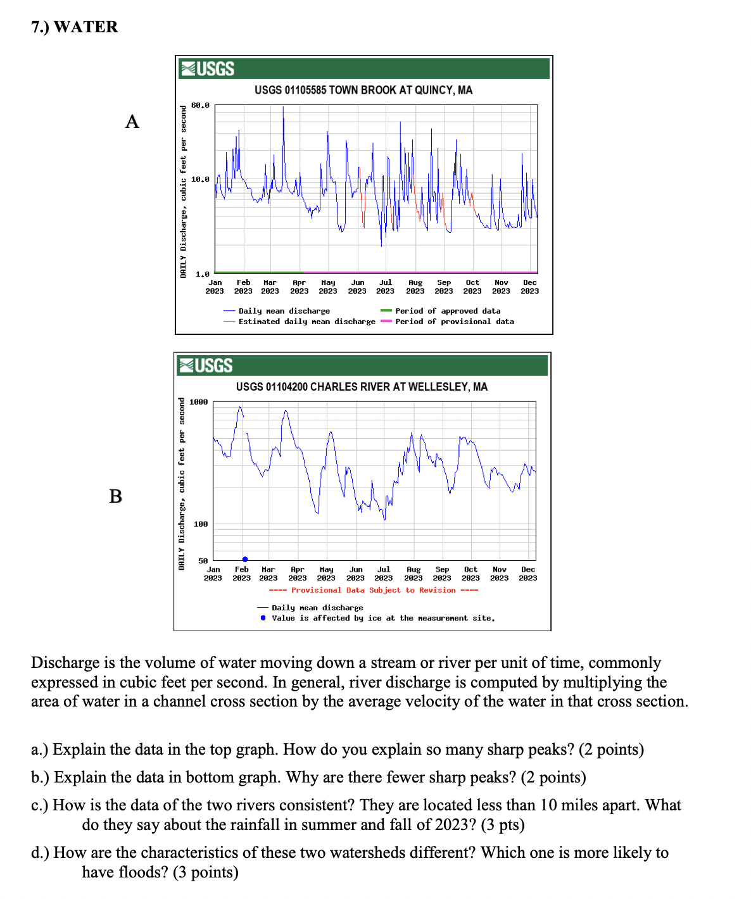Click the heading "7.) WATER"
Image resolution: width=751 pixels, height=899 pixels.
(x=75, y=27)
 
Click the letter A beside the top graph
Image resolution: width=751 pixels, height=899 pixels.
(x=132, y=122)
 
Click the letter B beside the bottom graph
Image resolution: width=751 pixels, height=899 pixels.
(x=115, y=496)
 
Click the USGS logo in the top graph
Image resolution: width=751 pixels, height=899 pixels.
(x=208, y=69)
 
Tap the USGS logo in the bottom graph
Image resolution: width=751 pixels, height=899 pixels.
(x=206, y=366)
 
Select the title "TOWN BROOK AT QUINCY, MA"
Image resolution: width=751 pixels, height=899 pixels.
(x=363, y=90)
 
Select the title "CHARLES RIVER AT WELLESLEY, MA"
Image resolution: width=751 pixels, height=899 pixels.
(x=362, y=387)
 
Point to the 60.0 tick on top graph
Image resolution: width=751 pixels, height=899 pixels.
(x=200, y=106)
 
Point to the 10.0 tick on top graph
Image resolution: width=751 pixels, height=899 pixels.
(x=200, y=180)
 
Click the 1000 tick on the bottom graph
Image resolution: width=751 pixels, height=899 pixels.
(x=199, y=402)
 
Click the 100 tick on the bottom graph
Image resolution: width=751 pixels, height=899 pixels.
(x=201, y=524)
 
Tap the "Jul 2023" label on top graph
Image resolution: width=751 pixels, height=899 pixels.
(x=386, y=287)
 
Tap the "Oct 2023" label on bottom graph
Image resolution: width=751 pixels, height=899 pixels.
(x=470, y=574)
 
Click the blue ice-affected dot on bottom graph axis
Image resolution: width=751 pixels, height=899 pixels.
(x=245, y=559)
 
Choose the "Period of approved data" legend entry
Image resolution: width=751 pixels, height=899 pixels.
(x=448, y=311)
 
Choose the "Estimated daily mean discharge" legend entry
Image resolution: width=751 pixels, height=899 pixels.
(x=306, y=322)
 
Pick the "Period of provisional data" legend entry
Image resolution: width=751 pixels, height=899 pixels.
(x=455, y=322)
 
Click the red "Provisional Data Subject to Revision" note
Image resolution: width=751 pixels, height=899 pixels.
(x=374, y=590)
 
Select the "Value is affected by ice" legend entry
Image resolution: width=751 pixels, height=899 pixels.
(x=383, y=618)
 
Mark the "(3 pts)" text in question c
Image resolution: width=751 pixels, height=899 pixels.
(x=501, y=824)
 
